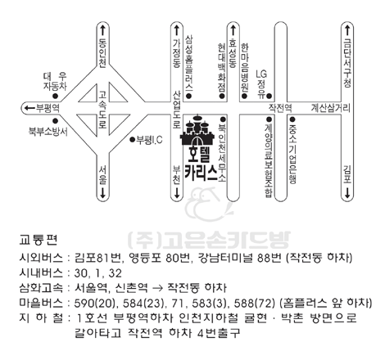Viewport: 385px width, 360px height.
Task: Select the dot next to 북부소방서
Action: (55, 121)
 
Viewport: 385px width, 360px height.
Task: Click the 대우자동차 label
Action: (55, 81)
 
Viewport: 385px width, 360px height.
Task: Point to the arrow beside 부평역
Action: (29, 108)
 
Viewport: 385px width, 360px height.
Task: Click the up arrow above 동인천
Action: (102, 30)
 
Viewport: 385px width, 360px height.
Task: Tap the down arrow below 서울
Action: (102, 193)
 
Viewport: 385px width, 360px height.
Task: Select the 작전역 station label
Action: (280, 108)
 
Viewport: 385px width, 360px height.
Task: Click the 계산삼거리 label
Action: (330, 108)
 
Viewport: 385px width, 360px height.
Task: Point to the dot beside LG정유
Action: (269, 96)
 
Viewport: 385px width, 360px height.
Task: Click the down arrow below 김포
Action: (347, 193)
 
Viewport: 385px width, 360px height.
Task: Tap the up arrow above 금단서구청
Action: (347, 30)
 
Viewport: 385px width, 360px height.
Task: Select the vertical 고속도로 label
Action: (102, 110)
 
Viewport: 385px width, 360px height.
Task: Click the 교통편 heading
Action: (38, 240)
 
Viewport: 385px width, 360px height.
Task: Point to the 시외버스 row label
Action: (41, 258)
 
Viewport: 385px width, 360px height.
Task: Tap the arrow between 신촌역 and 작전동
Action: (159, 288)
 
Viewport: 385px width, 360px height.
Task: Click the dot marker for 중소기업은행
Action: (292, 119)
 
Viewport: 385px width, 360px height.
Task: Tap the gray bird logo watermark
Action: (209, 204)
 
